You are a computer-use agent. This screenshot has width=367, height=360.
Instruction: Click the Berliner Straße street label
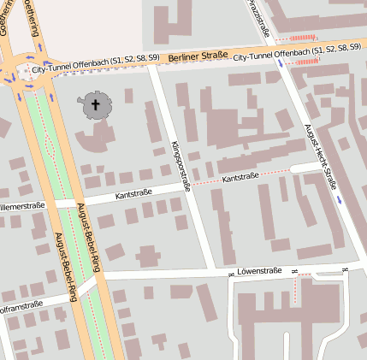click(198, 56)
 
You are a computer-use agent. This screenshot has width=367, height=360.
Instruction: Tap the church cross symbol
click(95, 106)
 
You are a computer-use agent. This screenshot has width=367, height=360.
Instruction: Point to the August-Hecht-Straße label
click(321, 156)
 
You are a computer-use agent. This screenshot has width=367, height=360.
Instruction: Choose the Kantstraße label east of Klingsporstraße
click(240, 177)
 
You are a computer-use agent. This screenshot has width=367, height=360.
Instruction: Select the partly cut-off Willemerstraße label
click(21, 206)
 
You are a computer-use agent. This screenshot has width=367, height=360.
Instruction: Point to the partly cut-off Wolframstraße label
click(21, 305)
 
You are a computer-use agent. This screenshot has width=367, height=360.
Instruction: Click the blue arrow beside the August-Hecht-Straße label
click(340, 199)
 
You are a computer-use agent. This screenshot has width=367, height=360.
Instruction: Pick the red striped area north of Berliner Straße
click(305, 38)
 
